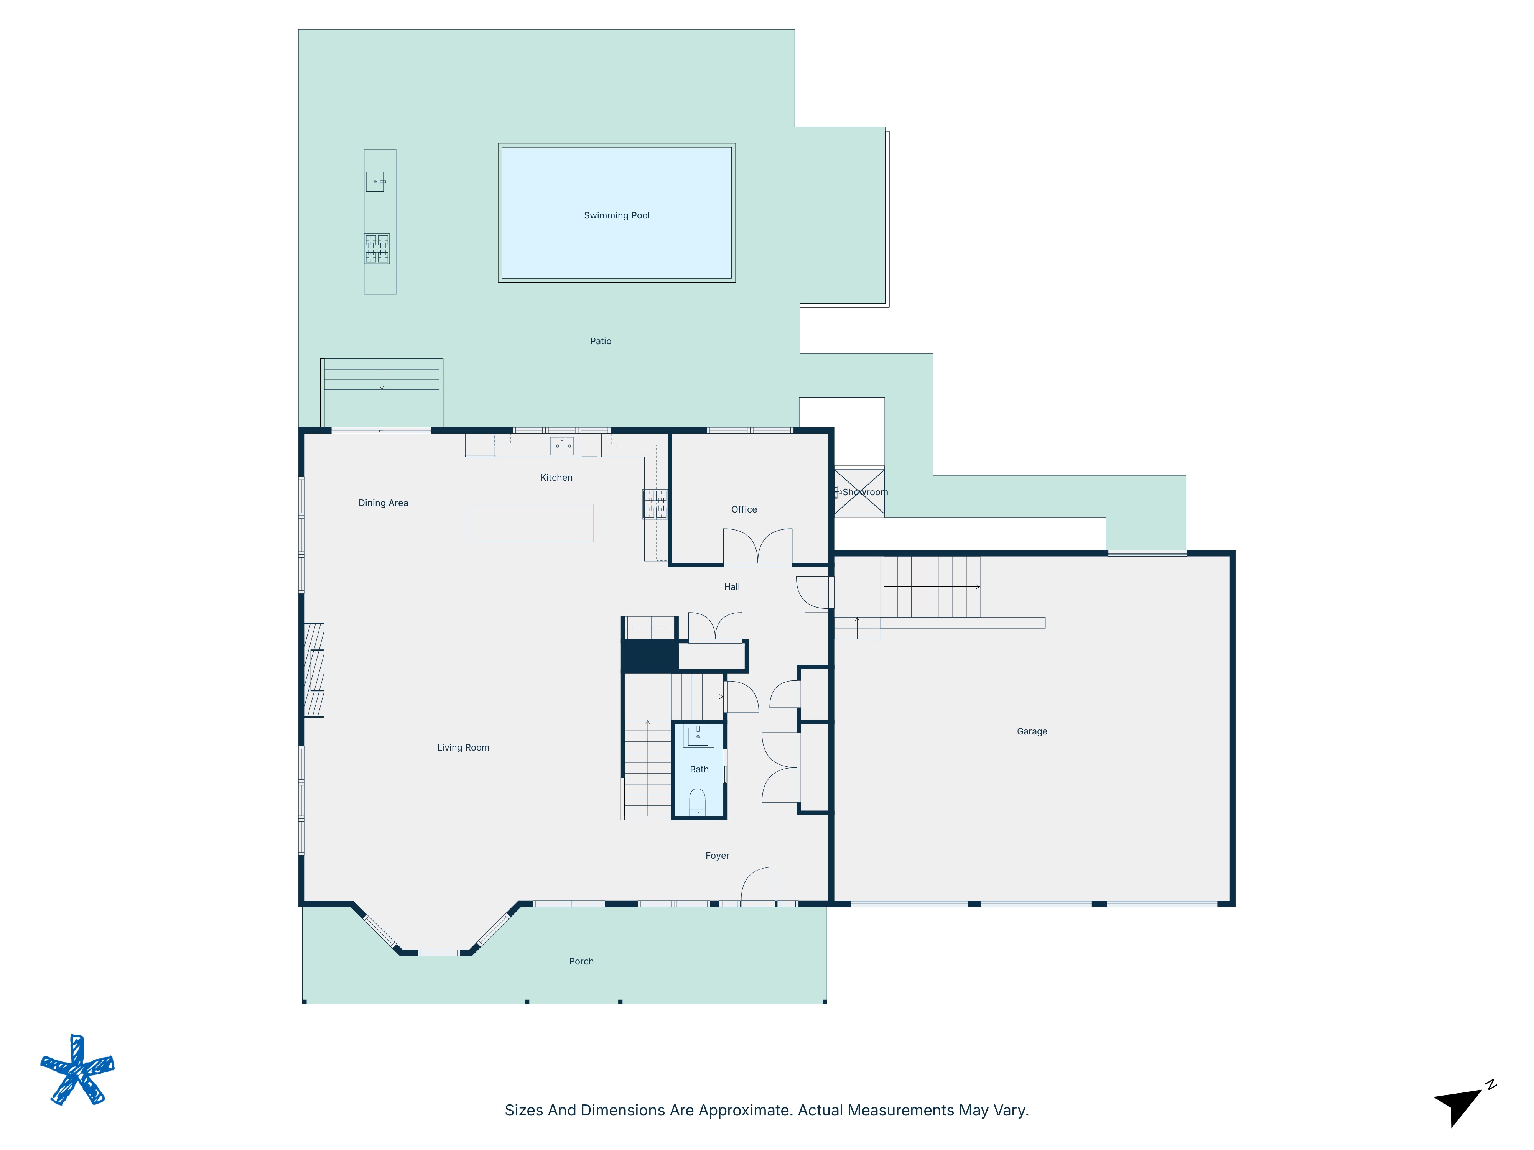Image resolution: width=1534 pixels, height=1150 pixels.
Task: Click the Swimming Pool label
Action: pos(617,215)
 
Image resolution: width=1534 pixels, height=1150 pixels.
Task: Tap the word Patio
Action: pos(601,341)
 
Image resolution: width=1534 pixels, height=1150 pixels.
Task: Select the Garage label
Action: pos(1031,731)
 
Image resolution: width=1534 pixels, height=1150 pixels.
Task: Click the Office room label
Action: pos(744,509)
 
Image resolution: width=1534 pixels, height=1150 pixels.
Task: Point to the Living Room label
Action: pos(463,747)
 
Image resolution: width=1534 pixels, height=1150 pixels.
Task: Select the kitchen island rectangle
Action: pos(530,522)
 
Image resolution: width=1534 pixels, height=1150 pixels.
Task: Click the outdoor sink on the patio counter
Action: pos(375,182)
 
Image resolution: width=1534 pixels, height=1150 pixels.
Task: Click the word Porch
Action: pos(581,961)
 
